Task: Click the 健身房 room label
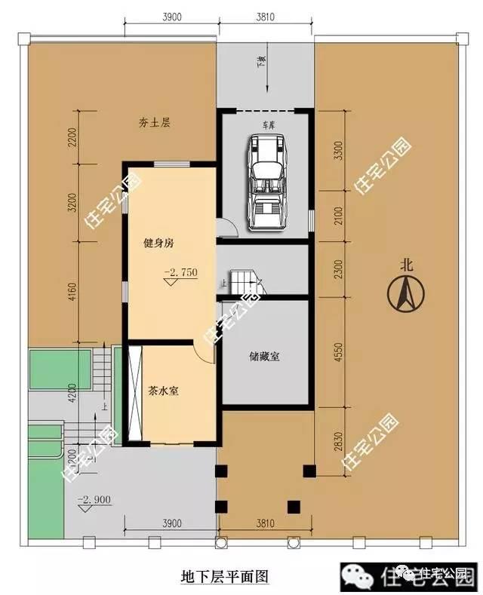click(x=158, y=244)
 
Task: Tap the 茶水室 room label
click(x=163, y=391)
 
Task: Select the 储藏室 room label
click(x=264, y=357)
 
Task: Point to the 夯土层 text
click(x=154, y=122)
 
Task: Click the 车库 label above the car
click(x=269, y=122)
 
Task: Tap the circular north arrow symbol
click(x=406, y=293)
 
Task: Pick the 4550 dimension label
click(x=338, y=355)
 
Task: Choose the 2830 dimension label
click(x=338, y=440)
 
